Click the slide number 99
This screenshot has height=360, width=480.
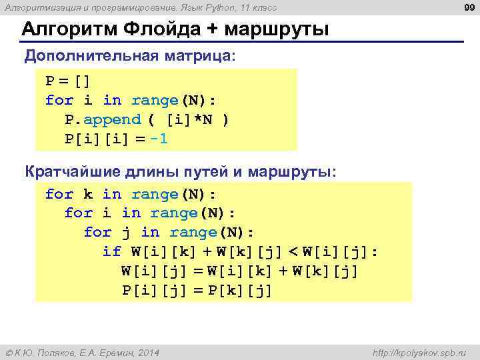(467, 7)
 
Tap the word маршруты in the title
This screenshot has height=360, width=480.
(277, 30)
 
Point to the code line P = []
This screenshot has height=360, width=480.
(67, 81)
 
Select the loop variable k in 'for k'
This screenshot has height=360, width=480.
(88, 194)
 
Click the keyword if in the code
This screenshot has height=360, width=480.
(111, 252)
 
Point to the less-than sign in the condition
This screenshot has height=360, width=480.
(293, 252)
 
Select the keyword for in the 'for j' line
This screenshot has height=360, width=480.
(97, 233)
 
